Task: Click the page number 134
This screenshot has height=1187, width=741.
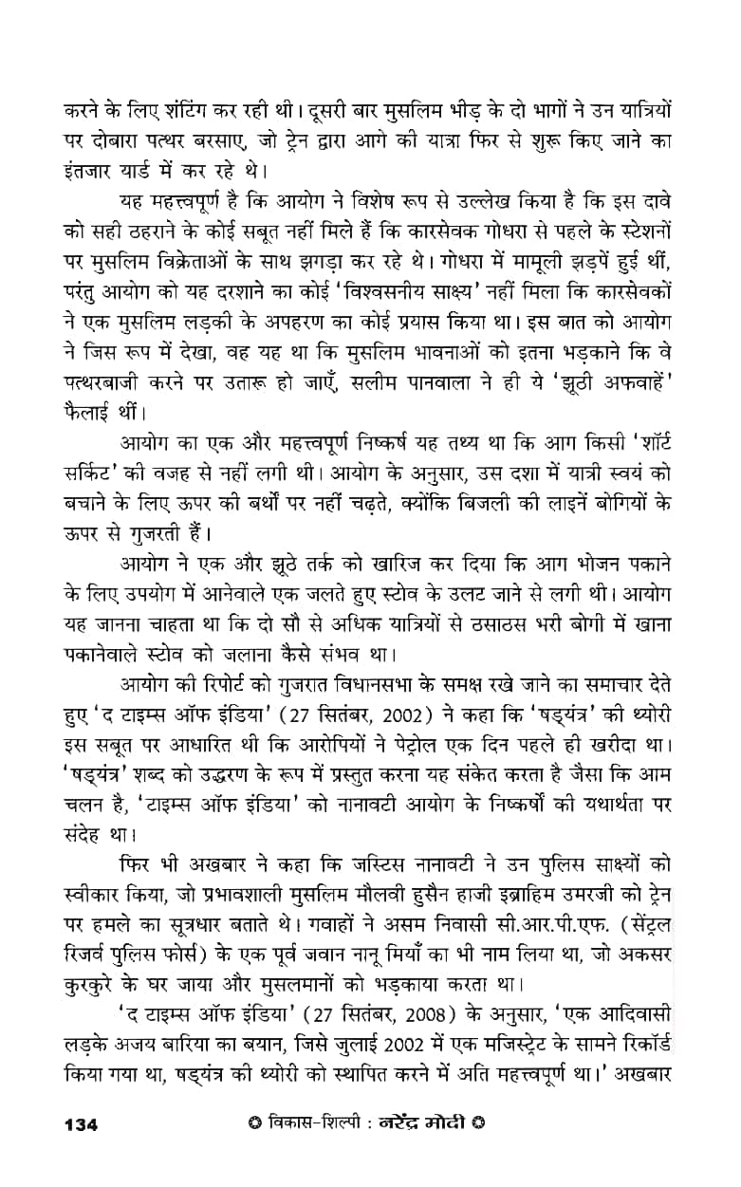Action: (82, 1125)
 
